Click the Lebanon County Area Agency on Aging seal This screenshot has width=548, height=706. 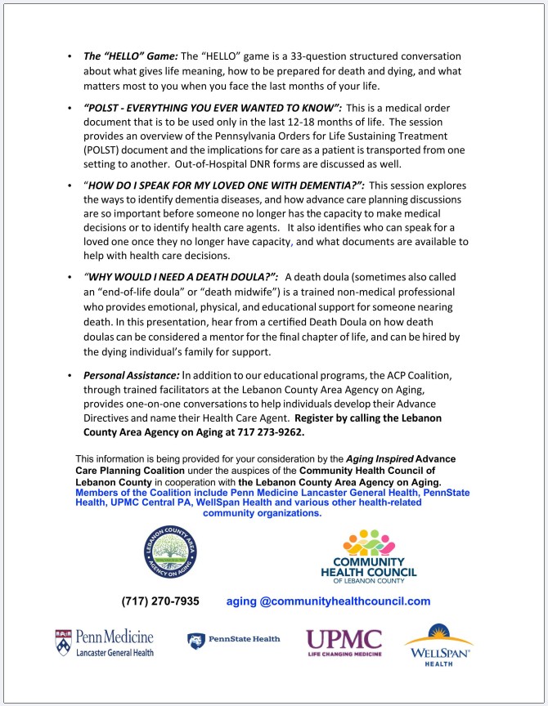[x=165, y=556]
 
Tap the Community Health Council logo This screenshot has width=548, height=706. [x=368, y=556]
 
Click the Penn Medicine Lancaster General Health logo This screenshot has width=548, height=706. [x=104, y=643]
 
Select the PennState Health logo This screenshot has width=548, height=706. [x=234, y=640]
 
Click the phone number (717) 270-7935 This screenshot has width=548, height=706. [x=160, y=601]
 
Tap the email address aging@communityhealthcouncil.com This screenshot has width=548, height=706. [x=328, y=601]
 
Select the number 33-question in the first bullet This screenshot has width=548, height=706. [x=309, y=56]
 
